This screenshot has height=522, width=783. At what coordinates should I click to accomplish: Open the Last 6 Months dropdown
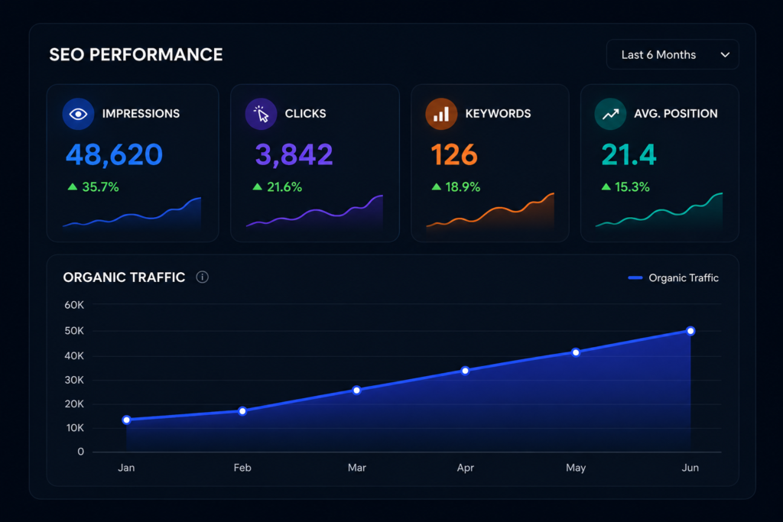coord(672,54)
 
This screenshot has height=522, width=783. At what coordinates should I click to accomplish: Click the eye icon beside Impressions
coord(78,114)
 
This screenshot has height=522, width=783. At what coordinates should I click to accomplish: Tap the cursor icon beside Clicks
coord(261,114)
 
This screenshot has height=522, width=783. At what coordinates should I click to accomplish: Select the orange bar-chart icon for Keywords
coord(441,114)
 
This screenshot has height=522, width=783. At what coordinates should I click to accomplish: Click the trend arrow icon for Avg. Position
coord(610,114)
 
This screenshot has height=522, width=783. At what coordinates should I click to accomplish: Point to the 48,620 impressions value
coord(115,154)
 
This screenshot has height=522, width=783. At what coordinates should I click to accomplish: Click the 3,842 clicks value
coord(294,154)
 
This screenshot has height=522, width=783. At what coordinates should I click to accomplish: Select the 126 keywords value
coord(454,154)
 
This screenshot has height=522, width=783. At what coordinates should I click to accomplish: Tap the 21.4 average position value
coord(629,154)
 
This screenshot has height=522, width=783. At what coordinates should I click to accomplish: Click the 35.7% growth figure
coord(100,187)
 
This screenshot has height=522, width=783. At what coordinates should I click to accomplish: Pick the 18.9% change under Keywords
coord(463,187)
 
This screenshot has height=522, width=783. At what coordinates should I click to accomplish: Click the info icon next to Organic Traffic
coord(202,277)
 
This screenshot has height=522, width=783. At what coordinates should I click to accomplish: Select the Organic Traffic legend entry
coord(673,278)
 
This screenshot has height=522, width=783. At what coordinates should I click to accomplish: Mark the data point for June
coord(690,331)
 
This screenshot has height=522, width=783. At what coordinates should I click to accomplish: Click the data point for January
coord(127,420)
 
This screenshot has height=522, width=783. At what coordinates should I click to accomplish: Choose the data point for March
coord(356,391)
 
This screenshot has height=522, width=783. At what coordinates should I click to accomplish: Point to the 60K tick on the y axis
coord(74,305)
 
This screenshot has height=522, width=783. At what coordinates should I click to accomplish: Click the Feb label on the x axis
coord(242,468)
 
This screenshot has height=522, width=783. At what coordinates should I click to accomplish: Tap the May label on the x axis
coord(576,468)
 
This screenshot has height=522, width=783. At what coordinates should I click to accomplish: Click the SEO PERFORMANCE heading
coord(136,54)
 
